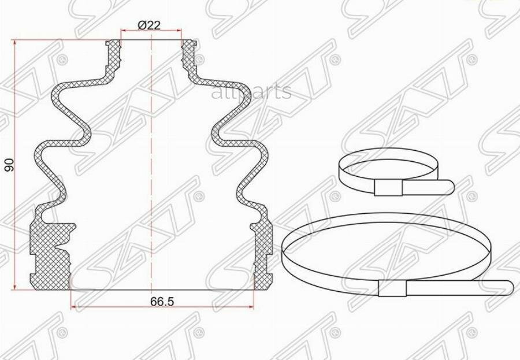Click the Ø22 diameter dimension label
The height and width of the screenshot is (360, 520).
pyautogui.click(x=149, y=25)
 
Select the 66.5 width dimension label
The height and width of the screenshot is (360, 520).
pyautogui.click(x=162, y=302)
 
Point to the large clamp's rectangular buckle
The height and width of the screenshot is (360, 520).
pyautogui.click(x=392, y=288)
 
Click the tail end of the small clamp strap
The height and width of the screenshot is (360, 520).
pyautogui.click(x=450, y=187)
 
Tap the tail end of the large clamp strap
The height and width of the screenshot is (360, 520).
pyautogui.click(x=510, y=287)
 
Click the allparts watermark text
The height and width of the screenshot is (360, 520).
pyautogui.click(x=251, y=92)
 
